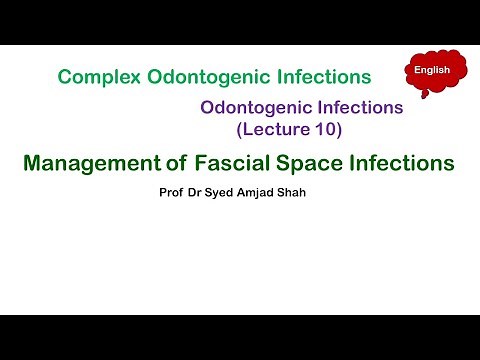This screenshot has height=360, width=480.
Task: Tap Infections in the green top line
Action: pos(322,76)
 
